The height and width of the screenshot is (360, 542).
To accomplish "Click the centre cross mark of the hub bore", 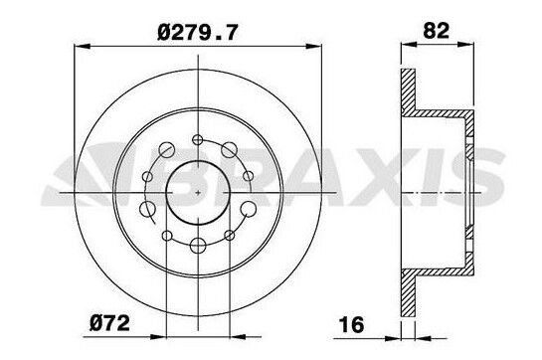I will (198, 189).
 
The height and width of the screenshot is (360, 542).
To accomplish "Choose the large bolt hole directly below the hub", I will (198, 243).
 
